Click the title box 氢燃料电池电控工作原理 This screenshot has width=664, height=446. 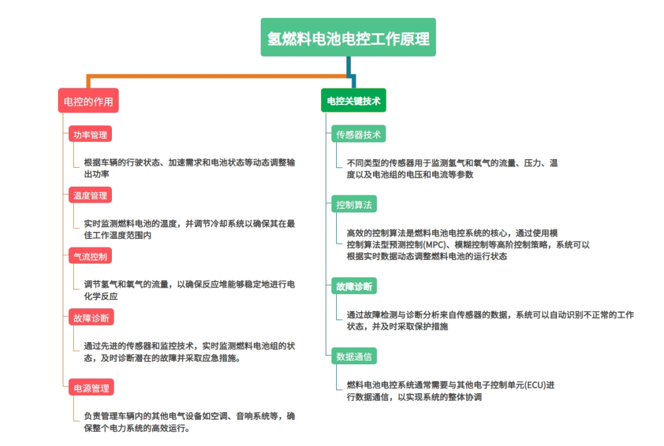tap(348, 37)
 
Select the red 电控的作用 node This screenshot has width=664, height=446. tap(88, 101)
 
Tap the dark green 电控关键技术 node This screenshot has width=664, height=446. tap(354, 100)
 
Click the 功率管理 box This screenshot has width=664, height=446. tap(90, 134)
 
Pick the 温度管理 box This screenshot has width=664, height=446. tap(90, 195)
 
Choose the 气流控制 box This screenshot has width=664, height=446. tap(90, 256)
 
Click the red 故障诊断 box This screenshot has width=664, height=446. tap(91, 318)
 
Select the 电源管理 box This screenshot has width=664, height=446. tap(91, 387)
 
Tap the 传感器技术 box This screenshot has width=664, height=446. tap(358, 134)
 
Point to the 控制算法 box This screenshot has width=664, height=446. tap(354, 204)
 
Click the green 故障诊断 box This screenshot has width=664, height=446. tap(354, 286)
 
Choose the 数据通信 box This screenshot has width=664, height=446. tap(354, 356)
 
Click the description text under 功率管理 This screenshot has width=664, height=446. tap(189, 168)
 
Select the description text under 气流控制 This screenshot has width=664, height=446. tap(189, 290)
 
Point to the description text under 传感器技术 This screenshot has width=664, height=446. tap(453, 168)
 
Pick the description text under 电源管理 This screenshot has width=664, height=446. tap(189, 422)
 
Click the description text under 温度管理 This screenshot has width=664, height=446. tap(189, 229)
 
